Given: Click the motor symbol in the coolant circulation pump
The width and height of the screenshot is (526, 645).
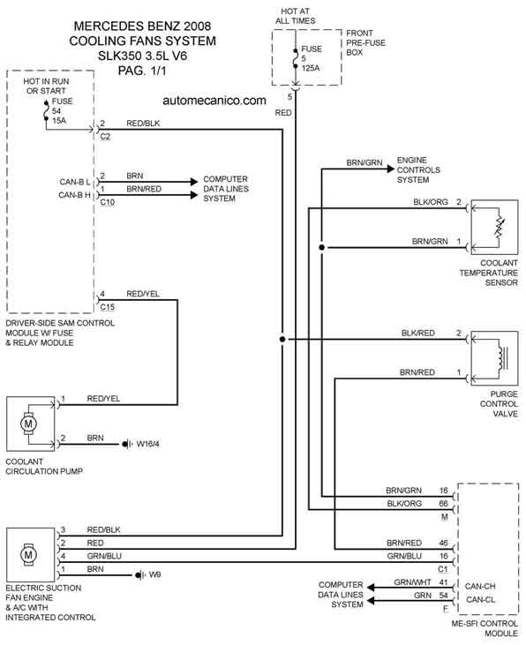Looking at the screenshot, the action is pos(28,424).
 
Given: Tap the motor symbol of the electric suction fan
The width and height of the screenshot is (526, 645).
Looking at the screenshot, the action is pos(28,554).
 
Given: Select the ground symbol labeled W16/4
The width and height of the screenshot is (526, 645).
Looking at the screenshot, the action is pos(127,444).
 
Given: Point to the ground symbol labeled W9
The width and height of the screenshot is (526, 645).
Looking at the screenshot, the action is pos(140,574).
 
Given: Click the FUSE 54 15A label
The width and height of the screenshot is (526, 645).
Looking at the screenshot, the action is pos(62,110).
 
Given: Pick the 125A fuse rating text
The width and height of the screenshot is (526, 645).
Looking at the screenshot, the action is pos(311,68).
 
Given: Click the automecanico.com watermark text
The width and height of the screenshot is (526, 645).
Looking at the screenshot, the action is pos(214,101).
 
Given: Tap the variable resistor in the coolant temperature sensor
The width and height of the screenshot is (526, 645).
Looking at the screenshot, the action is pos(499,228).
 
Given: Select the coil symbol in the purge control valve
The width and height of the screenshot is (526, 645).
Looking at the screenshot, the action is pos(501,358).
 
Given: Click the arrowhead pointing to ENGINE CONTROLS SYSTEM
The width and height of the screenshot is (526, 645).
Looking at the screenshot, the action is pos(391,169).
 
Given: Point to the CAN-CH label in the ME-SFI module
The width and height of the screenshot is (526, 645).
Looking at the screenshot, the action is pos(480,586).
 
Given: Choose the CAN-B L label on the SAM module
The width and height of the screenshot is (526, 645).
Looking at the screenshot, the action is pos(75,182).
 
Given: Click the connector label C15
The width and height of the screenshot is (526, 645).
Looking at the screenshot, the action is pos(108,307).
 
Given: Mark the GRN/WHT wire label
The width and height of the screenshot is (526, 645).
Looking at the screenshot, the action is pos(412,582).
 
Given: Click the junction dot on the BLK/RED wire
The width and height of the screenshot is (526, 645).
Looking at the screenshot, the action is pos(282,340).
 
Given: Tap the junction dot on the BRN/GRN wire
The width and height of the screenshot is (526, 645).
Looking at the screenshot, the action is pos(322,247).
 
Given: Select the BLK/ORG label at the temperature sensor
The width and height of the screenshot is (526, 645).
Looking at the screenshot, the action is pos(431,202).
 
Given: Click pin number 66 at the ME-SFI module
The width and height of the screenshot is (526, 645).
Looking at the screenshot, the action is pos(443,503).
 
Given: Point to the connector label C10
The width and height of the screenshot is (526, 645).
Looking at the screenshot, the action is pos(108,202).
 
